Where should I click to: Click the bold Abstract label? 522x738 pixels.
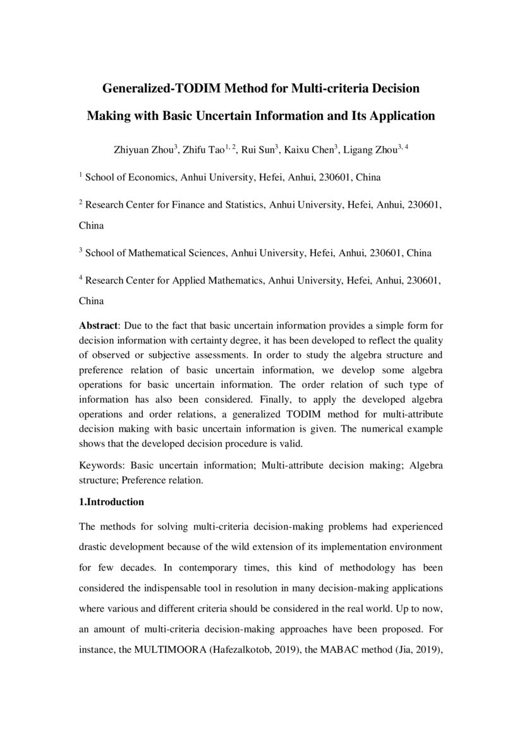click(99, 326)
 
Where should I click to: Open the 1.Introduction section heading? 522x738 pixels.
click(111, 503)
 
